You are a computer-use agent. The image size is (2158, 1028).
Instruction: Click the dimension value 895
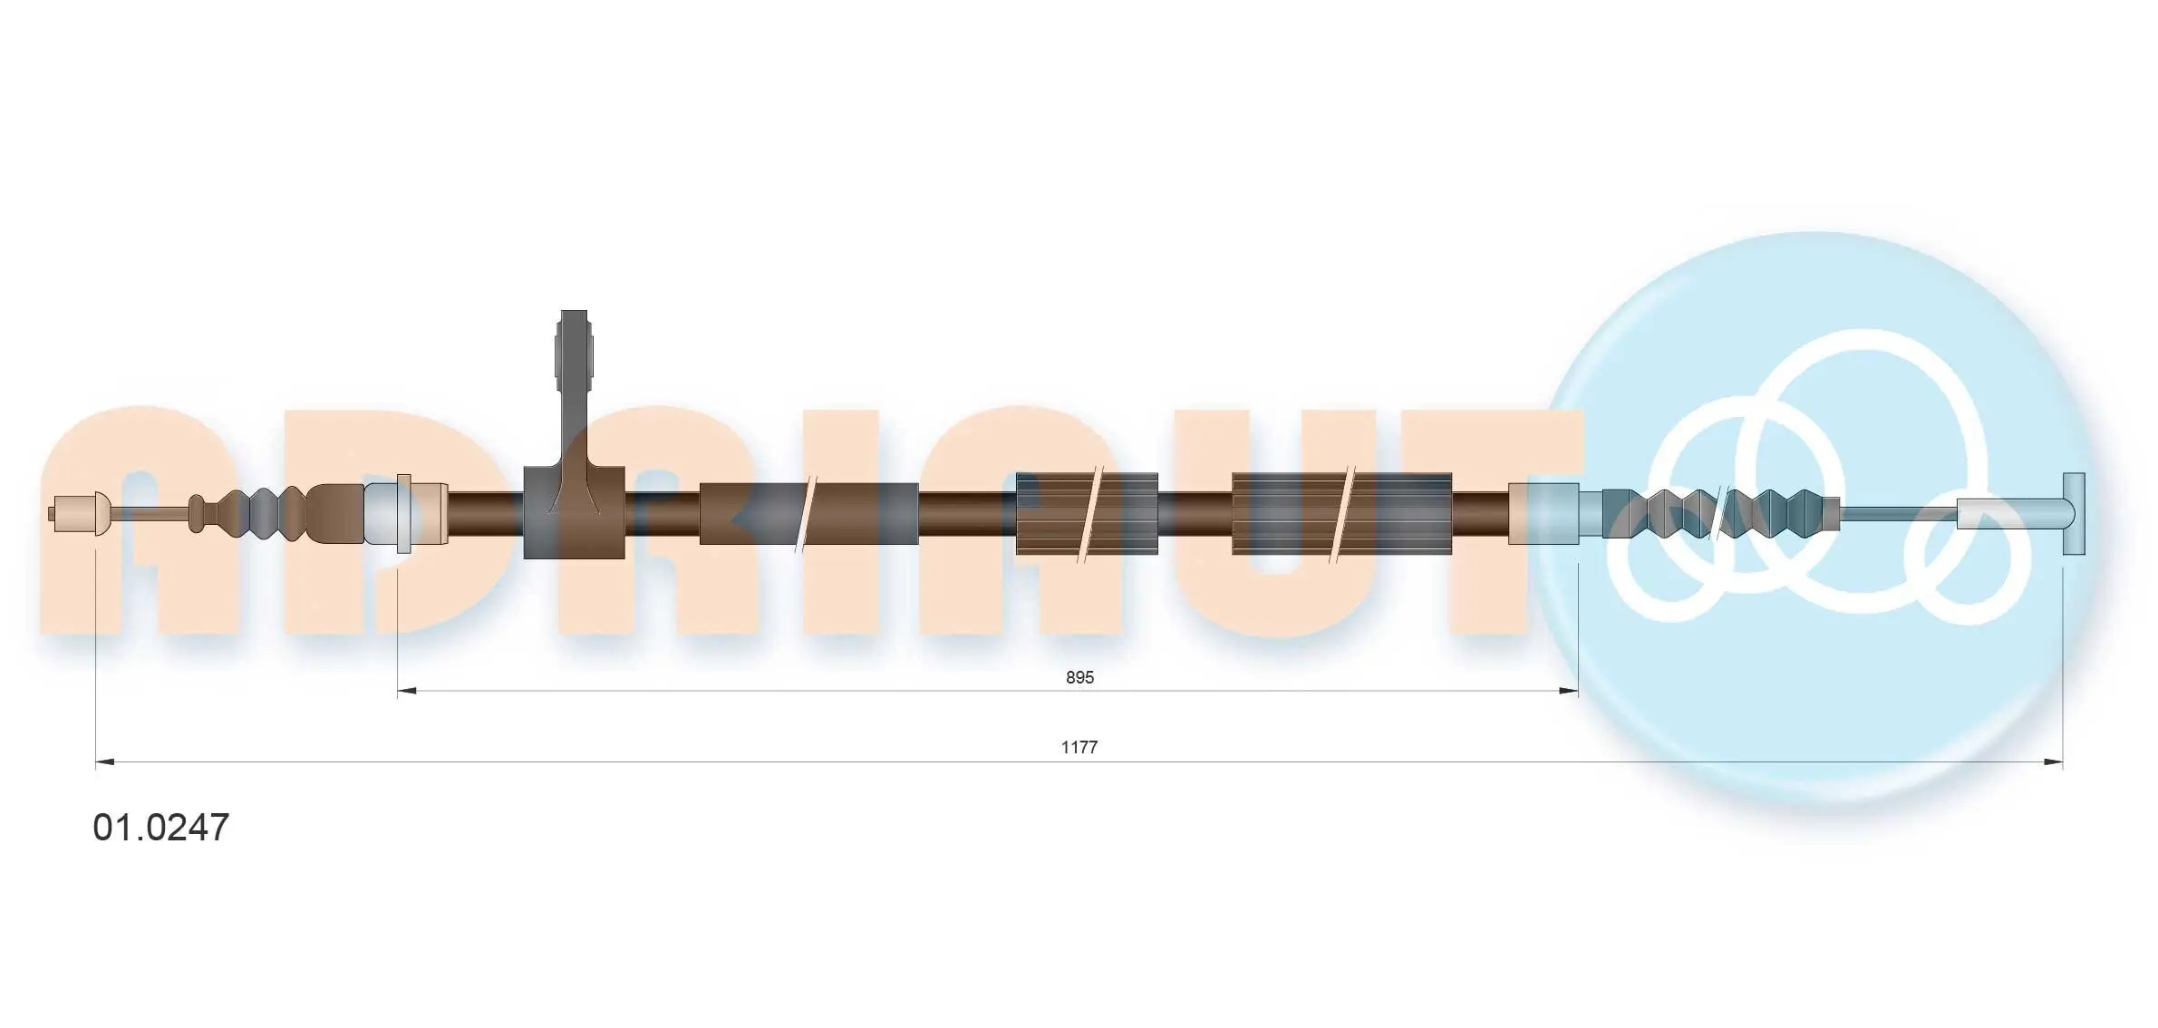1079,677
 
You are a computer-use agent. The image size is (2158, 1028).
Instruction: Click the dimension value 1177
1079,747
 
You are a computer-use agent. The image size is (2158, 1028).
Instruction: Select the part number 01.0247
161,827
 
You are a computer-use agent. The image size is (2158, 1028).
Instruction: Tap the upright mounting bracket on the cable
575,435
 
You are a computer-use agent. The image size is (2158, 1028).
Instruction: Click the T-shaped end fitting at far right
2074,514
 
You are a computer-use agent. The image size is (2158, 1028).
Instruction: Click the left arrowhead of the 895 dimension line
407,691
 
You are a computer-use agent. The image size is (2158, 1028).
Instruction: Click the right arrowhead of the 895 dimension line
1569,691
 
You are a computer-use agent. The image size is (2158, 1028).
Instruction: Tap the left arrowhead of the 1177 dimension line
105,762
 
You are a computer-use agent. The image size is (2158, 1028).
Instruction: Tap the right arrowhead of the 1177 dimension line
2053,762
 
